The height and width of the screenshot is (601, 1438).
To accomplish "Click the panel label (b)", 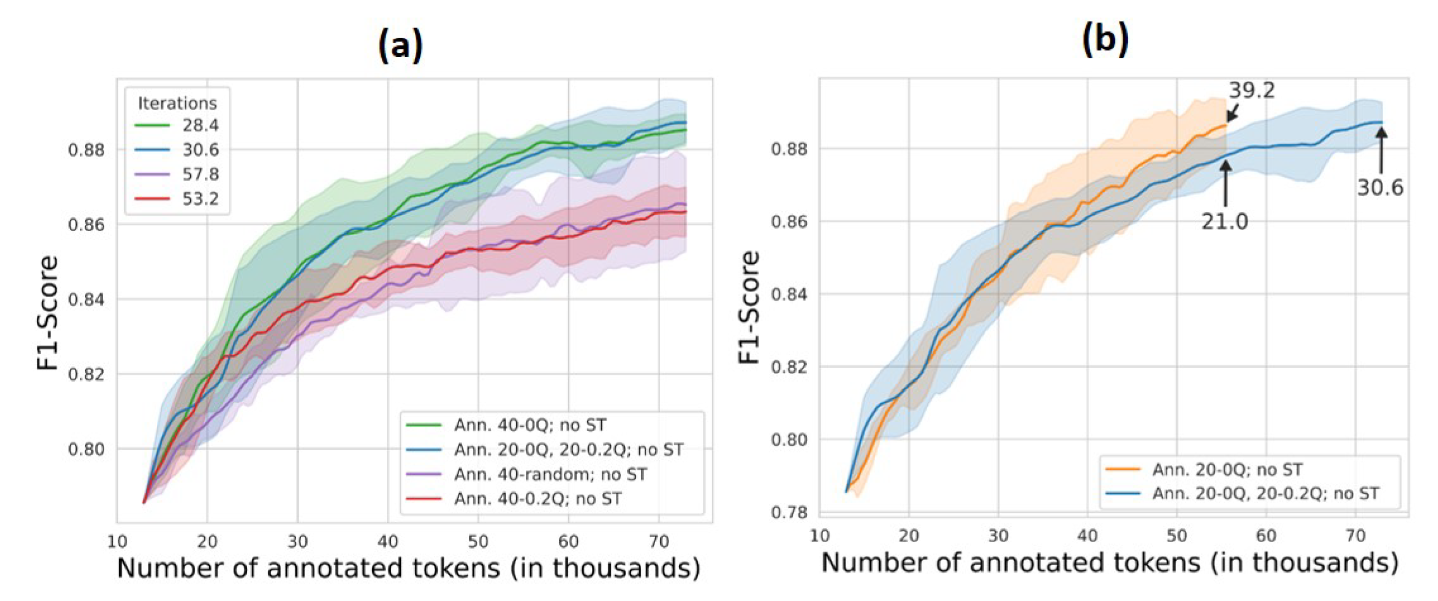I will point(1105,40).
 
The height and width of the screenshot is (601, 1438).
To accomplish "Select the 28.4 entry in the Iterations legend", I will point(200,126).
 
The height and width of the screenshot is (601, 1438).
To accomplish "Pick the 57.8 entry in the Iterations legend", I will point(200,174).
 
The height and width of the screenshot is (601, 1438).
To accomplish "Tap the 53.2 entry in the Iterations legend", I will point(200,199).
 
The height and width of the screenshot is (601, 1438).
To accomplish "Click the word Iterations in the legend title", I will point(177,103).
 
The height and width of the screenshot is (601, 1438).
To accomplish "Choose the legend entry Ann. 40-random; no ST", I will point(550,474).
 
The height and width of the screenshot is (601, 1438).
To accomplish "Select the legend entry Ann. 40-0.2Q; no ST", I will point(537,498).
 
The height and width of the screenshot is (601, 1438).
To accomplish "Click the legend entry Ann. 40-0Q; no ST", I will point(529,425).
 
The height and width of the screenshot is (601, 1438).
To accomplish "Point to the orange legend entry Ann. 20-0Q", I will point(1227,470).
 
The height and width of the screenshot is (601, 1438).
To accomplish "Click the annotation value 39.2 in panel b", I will point(1252,90).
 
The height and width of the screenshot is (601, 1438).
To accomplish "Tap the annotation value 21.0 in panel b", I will point(1225,222).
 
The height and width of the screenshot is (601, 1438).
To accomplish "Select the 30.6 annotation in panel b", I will point(1380,188).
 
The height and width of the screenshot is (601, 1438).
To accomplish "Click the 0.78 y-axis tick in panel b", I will point(789,512).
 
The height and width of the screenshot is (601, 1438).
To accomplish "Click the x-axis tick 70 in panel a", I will point(659,541).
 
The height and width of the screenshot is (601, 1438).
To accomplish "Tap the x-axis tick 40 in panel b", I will point(1087,536).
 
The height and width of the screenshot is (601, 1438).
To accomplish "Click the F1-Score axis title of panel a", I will point(47,312).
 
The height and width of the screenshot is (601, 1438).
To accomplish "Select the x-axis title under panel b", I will point(1110,563).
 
